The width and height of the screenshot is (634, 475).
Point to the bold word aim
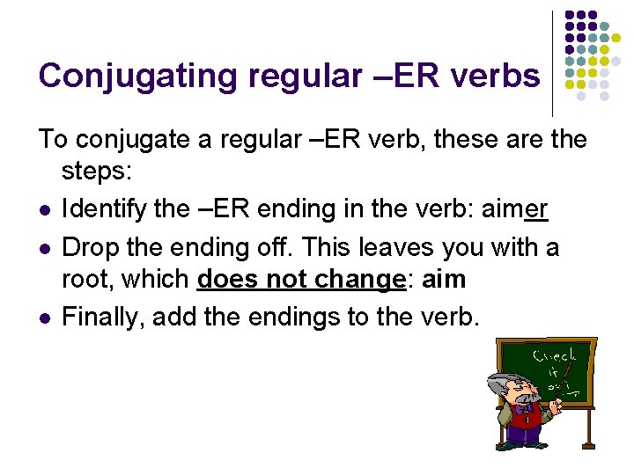pyautogui.click(x=444, y=280)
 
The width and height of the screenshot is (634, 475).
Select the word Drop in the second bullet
pyautogui.click(x=86, y=247)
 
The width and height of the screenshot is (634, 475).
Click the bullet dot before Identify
pyautogui.click(x=44, y=211)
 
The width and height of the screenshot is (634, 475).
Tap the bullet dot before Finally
pyautogui.click(x=44, y=318)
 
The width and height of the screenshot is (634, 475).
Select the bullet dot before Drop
pyautogui.click(x=44, y=249)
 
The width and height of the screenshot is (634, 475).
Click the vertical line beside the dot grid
pyautogui.click(x=552, y=62)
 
